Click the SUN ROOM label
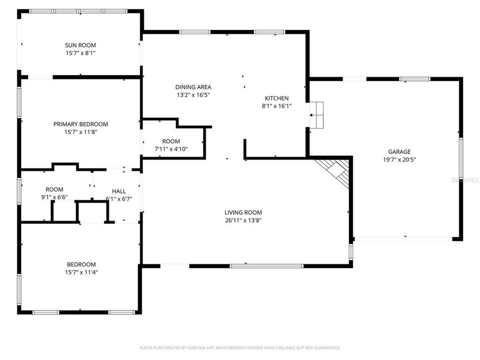coord(80,45)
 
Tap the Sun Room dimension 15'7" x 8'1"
coord(80,52)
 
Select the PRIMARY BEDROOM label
coord(80,124)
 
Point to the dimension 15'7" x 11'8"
coord(80,132)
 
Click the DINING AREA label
coord(192,86)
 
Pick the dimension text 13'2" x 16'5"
coord(192,94)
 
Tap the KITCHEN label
coord(276,98)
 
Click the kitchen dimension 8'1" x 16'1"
coord(276,106)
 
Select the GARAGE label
coord(399,152)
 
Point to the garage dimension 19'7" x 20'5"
coord(399,160)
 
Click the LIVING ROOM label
coord(243,212)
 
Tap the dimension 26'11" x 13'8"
coord(243,220)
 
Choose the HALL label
coord(119,191)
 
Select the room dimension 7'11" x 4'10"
coord(171,148)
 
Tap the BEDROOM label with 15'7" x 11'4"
coord(81,264)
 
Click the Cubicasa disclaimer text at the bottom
coord(240,347)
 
